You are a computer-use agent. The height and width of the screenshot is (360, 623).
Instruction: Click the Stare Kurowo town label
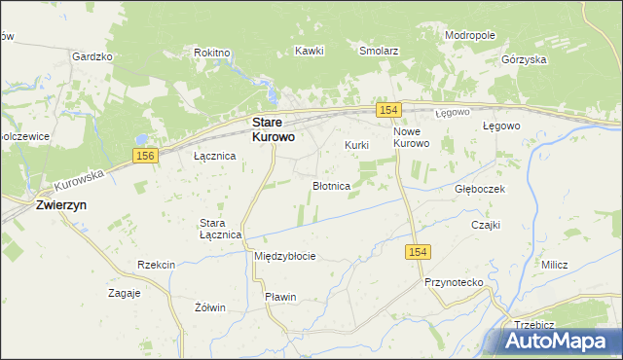pyautogui.click(x=274, y=130)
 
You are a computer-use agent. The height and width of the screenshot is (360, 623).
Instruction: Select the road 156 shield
pyautogui.click(x=145, y=156)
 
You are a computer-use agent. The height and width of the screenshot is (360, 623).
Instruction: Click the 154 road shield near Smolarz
pyautogui.click(x=387, y=111)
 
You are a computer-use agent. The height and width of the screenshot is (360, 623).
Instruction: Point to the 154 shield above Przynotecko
pyautogui.click(x=416, y=252)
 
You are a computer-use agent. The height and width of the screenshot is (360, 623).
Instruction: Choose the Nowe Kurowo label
pyautogui.click(x=411, y=137)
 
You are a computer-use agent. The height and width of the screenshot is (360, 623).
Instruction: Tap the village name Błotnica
pyautogui.click(x=331, y=185)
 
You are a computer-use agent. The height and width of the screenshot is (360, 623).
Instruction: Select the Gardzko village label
pyautogui.click(x=92, y=56)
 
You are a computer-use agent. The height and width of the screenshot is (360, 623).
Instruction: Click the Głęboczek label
pyautogui.click(x=480, y=189)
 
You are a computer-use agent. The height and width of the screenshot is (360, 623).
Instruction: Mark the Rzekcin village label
pyautogui.click(x=157, y=265)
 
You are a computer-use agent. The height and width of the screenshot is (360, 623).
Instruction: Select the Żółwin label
pyautogui.click(x=210, y=307)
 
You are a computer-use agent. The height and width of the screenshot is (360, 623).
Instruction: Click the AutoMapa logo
pyautogui.click(x=558, y=342)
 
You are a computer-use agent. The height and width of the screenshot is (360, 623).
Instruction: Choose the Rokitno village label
pyautogui.click(x=212, y=53)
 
